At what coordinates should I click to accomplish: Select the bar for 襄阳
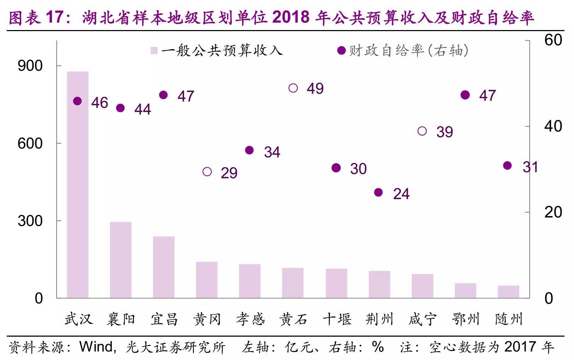point(121,260)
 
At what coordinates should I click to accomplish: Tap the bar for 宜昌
point(164,267)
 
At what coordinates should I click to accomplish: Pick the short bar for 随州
point(508,292)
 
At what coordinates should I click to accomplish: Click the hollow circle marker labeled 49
point(293,88)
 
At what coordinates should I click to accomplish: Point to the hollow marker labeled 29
point(207,172)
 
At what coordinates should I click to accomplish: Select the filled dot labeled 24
point(378,193)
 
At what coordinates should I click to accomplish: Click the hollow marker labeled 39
point(422,131)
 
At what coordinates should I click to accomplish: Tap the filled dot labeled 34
point(249,150)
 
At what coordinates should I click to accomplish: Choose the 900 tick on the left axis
point(30,66)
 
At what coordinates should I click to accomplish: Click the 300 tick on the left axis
point(30,221)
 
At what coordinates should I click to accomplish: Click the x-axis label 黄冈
point(207,319)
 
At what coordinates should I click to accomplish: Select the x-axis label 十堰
point(337,319)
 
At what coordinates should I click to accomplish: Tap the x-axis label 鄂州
point(465,319)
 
